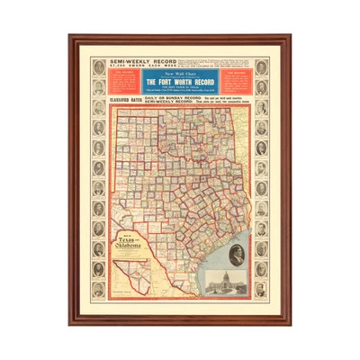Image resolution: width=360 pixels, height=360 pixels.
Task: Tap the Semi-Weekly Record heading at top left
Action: (130, 62)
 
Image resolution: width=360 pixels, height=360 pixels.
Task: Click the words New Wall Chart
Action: (178, 72)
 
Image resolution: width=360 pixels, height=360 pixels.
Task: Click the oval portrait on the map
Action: (238, 256)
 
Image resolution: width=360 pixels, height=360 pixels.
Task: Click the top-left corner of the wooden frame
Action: (70, 37)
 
